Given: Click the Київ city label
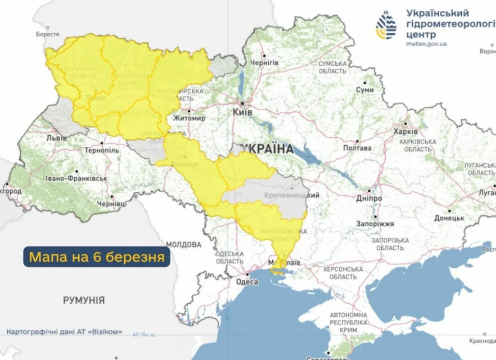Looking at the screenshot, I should (x=243, y=112).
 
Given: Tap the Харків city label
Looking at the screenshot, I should (x=406, y=132).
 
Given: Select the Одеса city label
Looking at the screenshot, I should (x=247, y=282).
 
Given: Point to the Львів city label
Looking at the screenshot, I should (x=56, y=138).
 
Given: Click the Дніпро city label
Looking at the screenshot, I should (x=369, y=198).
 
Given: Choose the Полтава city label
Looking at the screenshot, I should (x=357, y=148).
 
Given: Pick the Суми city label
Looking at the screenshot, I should (x=365, y=90).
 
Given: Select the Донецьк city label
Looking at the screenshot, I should (x=449, y=218).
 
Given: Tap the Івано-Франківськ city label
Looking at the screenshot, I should (x=76, y=178).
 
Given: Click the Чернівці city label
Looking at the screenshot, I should (x=112, y=204).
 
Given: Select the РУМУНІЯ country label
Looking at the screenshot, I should (x=84, y=300).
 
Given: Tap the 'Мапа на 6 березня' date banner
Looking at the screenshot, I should (x=97, y=257).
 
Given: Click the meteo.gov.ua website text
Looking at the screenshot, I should (x=426, y=44).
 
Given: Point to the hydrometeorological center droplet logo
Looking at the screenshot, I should (x=386, y=25).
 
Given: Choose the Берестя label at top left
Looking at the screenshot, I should (x=48, y=34).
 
